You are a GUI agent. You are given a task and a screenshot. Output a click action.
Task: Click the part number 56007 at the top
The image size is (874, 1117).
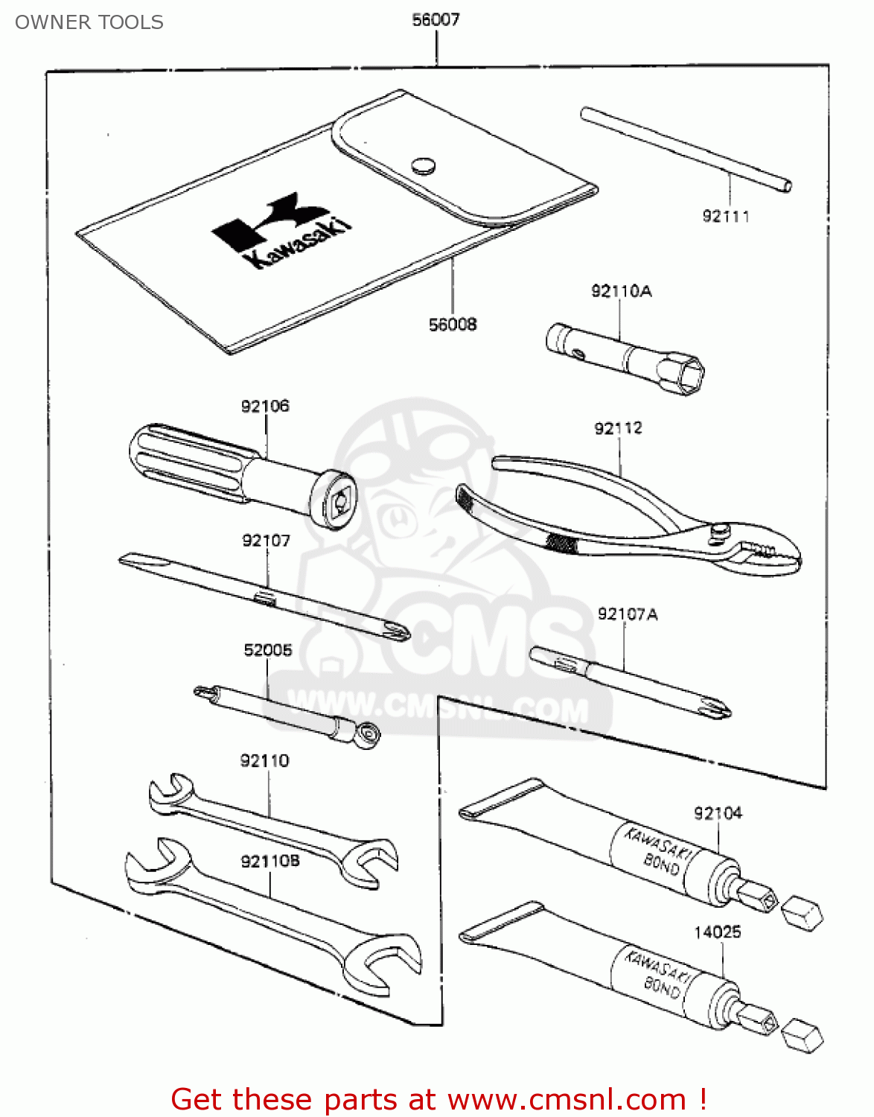click(x=436, y=20)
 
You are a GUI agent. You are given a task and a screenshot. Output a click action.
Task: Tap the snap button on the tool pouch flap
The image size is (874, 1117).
click(x=423, y=165)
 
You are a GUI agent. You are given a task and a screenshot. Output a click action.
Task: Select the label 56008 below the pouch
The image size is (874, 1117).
click(x=453, y=325)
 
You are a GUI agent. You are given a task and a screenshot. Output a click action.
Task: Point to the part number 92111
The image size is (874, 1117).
click(x=726, y=217)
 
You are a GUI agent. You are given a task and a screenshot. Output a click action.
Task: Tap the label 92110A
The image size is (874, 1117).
click(x=621, y=291)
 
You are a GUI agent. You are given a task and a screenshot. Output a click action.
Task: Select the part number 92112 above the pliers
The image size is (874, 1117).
click(x=618, y=428)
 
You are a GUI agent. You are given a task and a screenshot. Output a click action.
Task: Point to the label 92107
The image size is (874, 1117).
click(x=266, y=541)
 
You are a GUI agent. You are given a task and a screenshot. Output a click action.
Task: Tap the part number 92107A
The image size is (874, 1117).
click(x=628, y=614)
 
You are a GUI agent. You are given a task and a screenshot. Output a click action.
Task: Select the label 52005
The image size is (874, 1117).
click(x=268, y=650)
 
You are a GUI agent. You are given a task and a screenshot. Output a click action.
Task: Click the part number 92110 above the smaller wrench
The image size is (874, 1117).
click(x=264, y=760)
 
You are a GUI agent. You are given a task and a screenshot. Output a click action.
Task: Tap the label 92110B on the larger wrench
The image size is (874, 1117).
click(x=269, y=862)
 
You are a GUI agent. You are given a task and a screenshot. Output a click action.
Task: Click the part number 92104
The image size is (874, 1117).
click(x=718, y=813)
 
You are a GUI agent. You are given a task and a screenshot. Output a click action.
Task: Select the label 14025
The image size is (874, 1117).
click(x=717, y=932)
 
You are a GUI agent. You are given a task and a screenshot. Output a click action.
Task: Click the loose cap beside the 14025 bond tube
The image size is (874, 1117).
click(x=803, y=1035)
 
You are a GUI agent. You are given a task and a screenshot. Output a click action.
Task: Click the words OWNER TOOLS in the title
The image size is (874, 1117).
click(x=89, y=22)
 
